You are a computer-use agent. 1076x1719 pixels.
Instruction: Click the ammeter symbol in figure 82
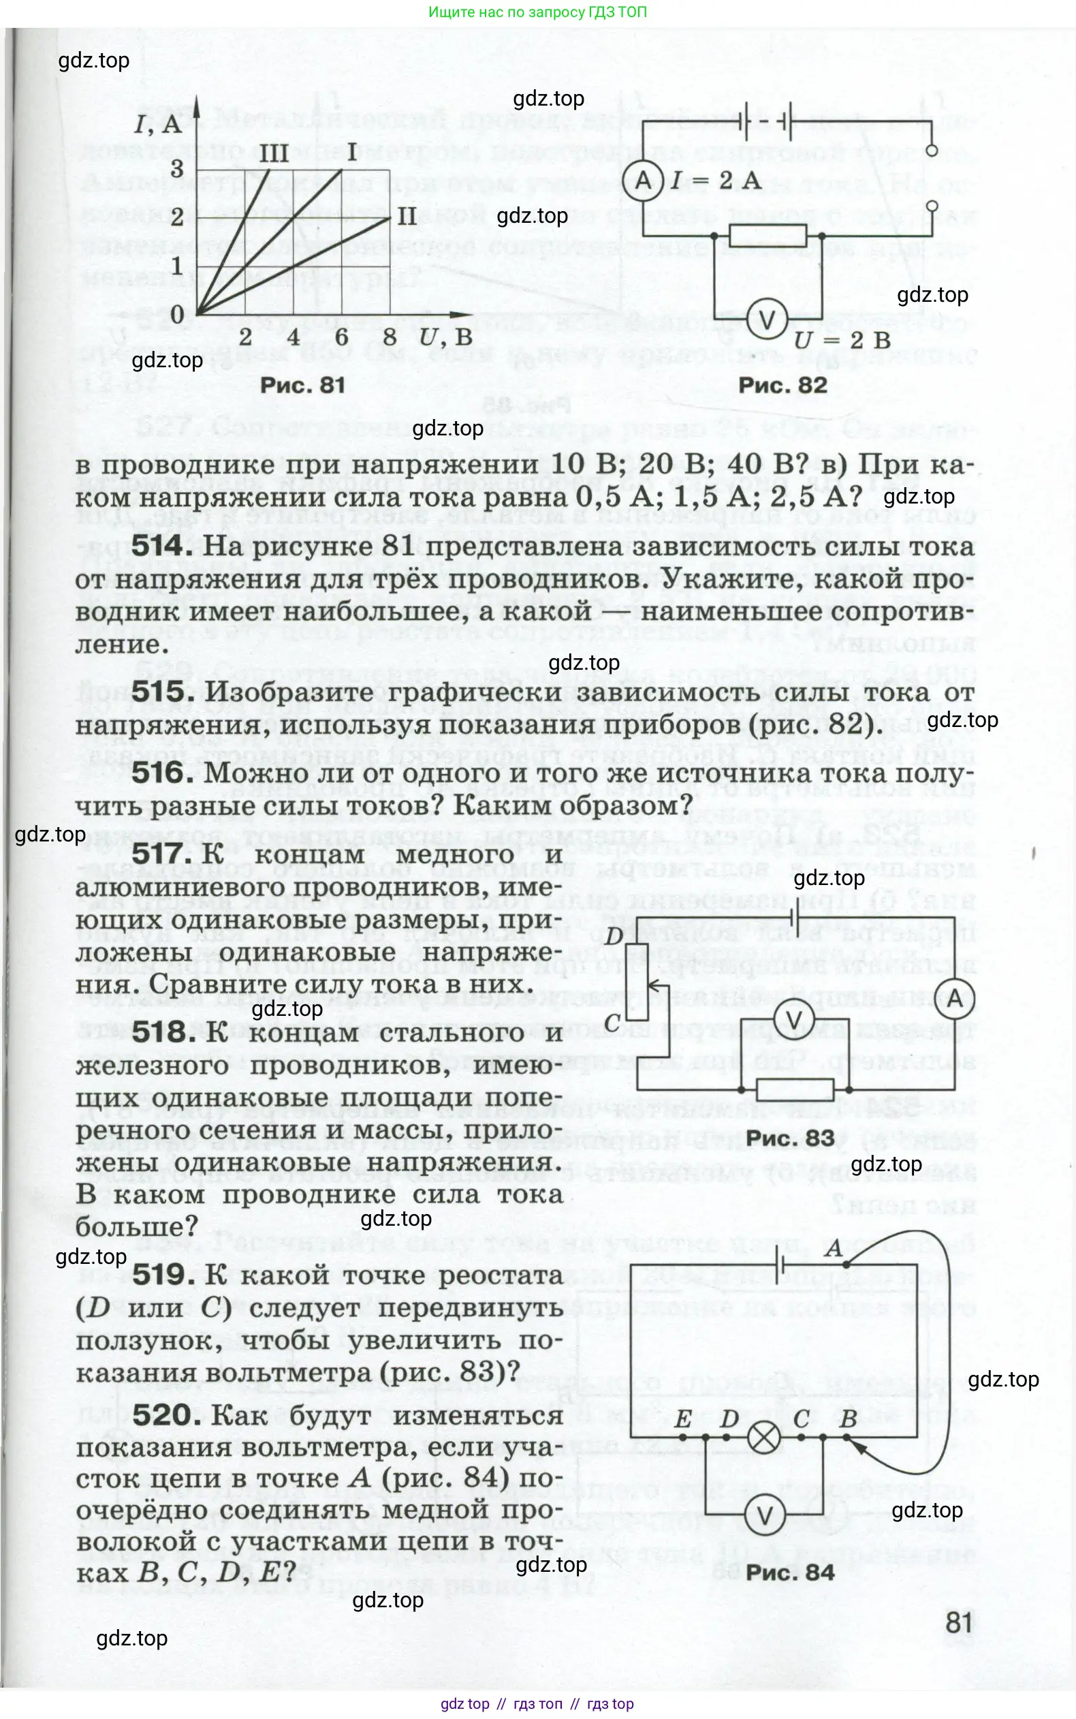pos(643,179)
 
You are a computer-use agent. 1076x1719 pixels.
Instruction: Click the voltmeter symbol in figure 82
pos(766,320)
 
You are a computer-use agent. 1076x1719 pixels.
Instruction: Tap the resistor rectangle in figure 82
pos(768,235)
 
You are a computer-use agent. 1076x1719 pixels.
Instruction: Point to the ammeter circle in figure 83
pos(954,999)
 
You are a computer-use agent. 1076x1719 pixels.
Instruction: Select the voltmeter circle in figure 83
pos(793,1019)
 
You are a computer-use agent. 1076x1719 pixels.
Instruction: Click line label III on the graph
pos(273,153)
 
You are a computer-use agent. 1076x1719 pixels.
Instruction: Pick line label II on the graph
pos(407,216)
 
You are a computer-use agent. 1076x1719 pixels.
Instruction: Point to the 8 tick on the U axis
pos(390,337)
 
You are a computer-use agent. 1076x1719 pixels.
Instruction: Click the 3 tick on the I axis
pos(176,169)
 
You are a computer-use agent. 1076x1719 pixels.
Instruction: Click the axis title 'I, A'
pos(158,125)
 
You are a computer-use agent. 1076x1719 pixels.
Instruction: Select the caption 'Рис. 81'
pos(302,385)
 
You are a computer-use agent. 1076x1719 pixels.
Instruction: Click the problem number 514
pos(162,546)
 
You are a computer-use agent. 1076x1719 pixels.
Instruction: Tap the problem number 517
pos(162,854)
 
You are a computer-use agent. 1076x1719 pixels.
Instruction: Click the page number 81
pos(959,1623)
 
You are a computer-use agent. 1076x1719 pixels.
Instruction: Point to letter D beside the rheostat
pos(614,938)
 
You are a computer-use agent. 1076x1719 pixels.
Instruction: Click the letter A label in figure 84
pos(834,1248)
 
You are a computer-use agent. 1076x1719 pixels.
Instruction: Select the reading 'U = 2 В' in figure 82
pos(842,340)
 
